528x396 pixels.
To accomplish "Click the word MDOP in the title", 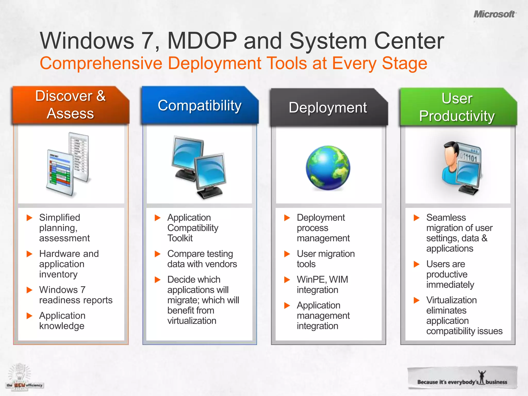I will coord(202,41).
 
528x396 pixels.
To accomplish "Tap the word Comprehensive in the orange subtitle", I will coord(101,63).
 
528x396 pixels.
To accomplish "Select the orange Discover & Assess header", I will coord(70,105).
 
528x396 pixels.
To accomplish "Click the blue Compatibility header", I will coord(200,105).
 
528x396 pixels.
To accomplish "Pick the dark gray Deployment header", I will coord(328,108).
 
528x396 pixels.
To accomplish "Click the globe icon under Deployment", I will coord(328,168).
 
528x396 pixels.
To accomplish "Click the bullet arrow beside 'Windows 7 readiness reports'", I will coord(30,290).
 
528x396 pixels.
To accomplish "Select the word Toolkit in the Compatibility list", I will coord(180,238).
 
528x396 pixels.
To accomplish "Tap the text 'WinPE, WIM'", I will coord(322,279).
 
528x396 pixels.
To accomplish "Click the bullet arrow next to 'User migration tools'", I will coord(287,254).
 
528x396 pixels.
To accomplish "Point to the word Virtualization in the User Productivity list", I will coord(451,300).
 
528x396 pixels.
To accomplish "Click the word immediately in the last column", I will coord(450,285).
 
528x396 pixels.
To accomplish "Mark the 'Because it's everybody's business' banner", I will coord(462,378).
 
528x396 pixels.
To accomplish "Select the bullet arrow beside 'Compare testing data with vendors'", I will coord(158,254).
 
